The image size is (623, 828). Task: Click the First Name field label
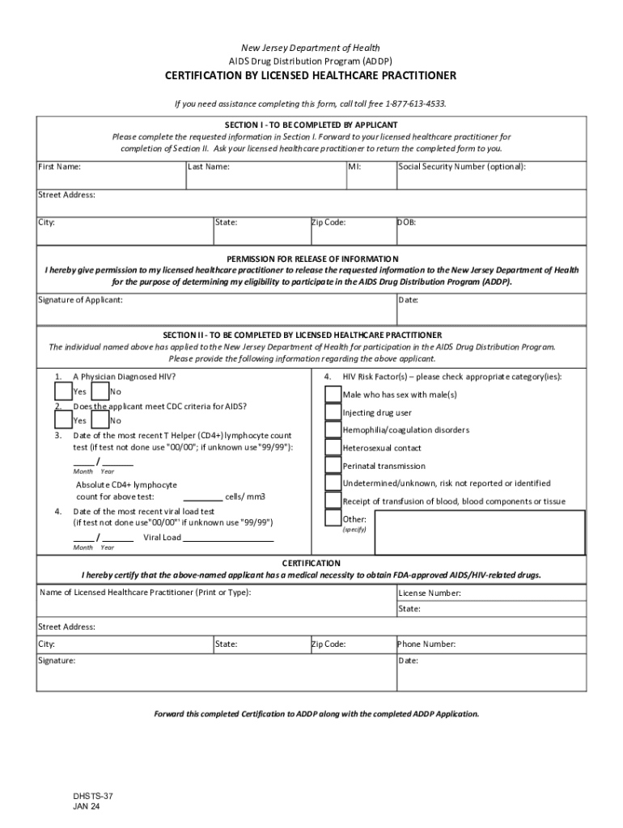coord(60,167)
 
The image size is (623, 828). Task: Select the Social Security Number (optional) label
coord(462,167)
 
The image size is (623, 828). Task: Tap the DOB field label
coord(407,222)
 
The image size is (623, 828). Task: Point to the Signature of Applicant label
coord(81,300)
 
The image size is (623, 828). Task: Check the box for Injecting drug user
coord(333,412)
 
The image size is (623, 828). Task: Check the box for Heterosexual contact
coord(333,447)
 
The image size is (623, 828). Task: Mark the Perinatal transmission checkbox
coord(333,465)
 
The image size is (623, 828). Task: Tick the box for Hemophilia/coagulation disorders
coord(333,429)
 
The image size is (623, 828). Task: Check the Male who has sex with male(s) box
coord(333,394)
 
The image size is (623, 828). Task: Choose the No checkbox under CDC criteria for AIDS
coord(100,420)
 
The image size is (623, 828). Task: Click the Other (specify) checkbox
coord(333,518)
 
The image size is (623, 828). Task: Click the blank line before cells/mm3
coord(203,496)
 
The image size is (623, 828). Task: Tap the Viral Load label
coord(162,538)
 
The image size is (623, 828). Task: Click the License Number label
coord(430,593)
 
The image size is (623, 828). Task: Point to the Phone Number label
coord(426,644)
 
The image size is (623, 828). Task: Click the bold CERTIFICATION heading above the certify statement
coord(311,563)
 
